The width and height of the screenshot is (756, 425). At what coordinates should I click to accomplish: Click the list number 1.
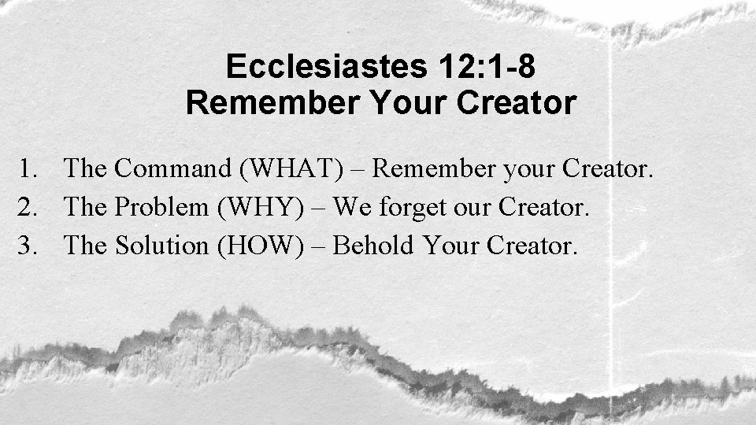[x=29, y=168]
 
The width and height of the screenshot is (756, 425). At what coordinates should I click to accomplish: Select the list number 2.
[x=29, y=207]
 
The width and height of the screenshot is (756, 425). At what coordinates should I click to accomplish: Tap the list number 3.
[x=29, y=246]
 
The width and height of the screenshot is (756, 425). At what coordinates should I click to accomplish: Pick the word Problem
[x=165, y=207]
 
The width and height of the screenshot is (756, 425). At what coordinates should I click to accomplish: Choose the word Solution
[x=162, y=246]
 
